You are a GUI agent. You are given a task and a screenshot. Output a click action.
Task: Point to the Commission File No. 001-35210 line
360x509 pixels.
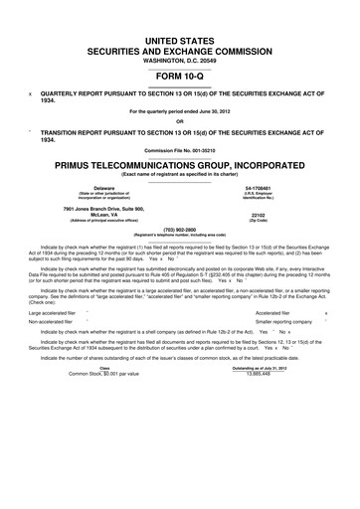180,150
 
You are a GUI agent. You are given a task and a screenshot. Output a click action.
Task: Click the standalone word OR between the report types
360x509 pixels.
180,122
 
